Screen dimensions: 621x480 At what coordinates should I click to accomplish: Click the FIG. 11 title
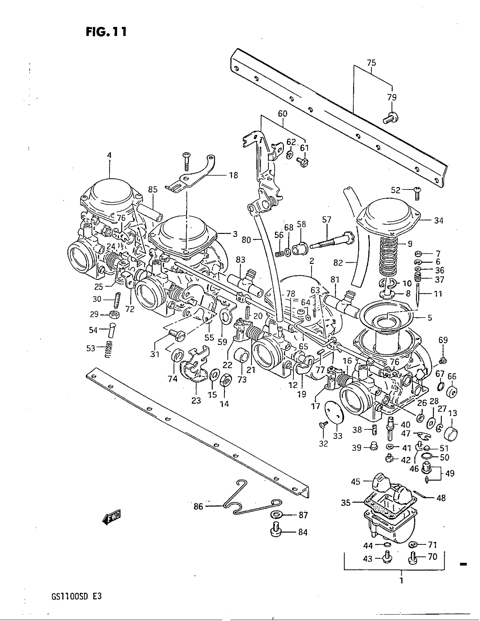click(106, 32)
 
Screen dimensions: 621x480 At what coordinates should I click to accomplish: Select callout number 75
click(371, 63)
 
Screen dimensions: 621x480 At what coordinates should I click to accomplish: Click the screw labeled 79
click(390, 118)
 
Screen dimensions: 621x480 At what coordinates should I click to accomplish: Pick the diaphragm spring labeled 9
click(389, 256)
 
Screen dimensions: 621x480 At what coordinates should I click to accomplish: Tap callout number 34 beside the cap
click(438, 220)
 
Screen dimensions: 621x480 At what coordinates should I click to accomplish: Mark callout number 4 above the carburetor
click(109, 156)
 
